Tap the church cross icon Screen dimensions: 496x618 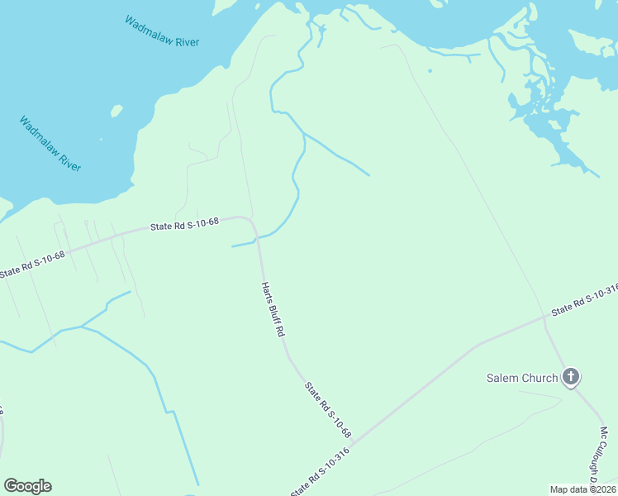pos(570,377)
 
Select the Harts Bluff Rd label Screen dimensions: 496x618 pos(273,309)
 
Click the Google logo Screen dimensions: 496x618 pos(27,486)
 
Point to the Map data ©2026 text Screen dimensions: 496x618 pos(582,489)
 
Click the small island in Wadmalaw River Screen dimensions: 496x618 pos(116,110)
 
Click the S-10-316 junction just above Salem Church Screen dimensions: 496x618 pos(545,315)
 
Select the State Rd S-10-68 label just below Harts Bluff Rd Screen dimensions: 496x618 pos(328,409)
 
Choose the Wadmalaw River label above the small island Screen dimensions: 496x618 pos(162,31)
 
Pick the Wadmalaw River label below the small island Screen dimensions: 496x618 pos(50,144)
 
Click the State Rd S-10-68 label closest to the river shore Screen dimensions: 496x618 pos(184,224)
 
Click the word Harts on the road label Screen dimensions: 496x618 pos(267,291)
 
